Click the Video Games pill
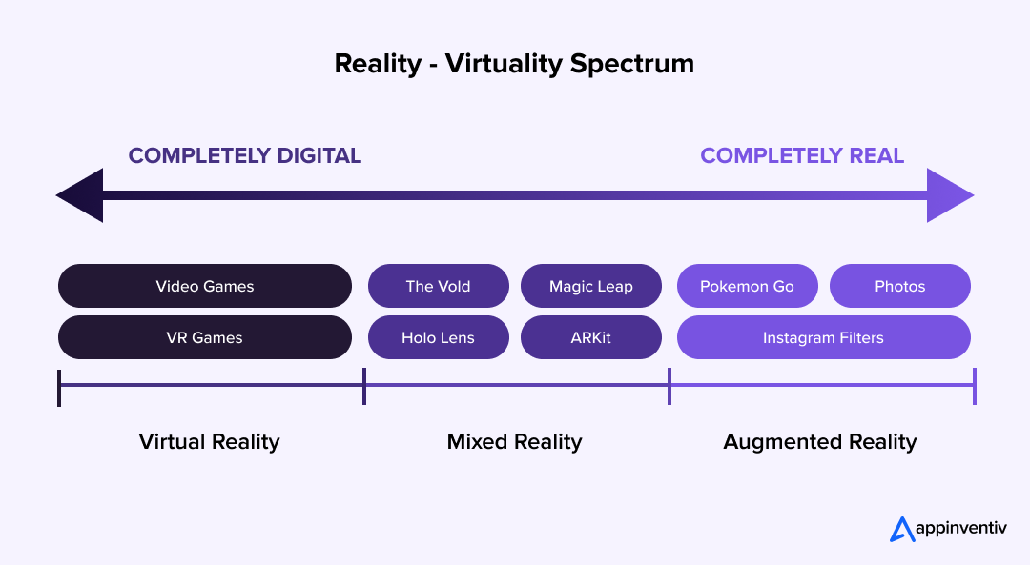[205, 286]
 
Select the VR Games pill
[205, 337]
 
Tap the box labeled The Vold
[438, 286]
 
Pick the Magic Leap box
[591, 286]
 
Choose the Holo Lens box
[438, 337]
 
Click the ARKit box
[591, 337]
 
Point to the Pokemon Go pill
[747, 286]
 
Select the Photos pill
[900, 286]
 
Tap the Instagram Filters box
[824, 337]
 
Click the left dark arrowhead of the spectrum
[82, 195]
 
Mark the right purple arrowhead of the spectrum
[948, 195]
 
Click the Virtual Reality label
[209, 441]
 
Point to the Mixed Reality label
[514, 441]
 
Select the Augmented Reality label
[820, 441]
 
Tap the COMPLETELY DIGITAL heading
[245, 155]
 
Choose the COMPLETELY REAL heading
[802, 155]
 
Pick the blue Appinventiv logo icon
[902, 529]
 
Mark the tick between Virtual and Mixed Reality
[364, 387]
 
